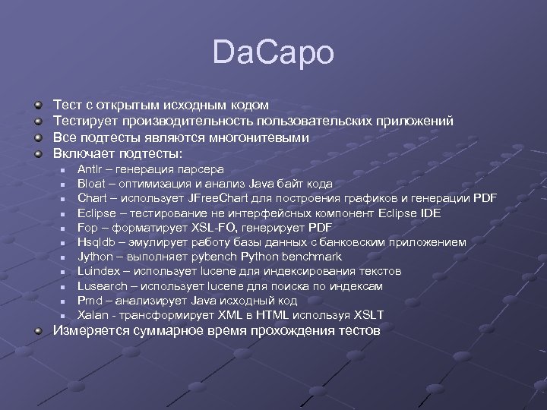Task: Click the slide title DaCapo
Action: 273,54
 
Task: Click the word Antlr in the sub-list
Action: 89,169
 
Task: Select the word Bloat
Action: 91,184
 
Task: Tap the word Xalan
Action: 92,315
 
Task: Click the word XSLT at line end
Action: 368,315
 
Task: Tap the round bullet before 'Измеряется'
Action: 38,331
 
